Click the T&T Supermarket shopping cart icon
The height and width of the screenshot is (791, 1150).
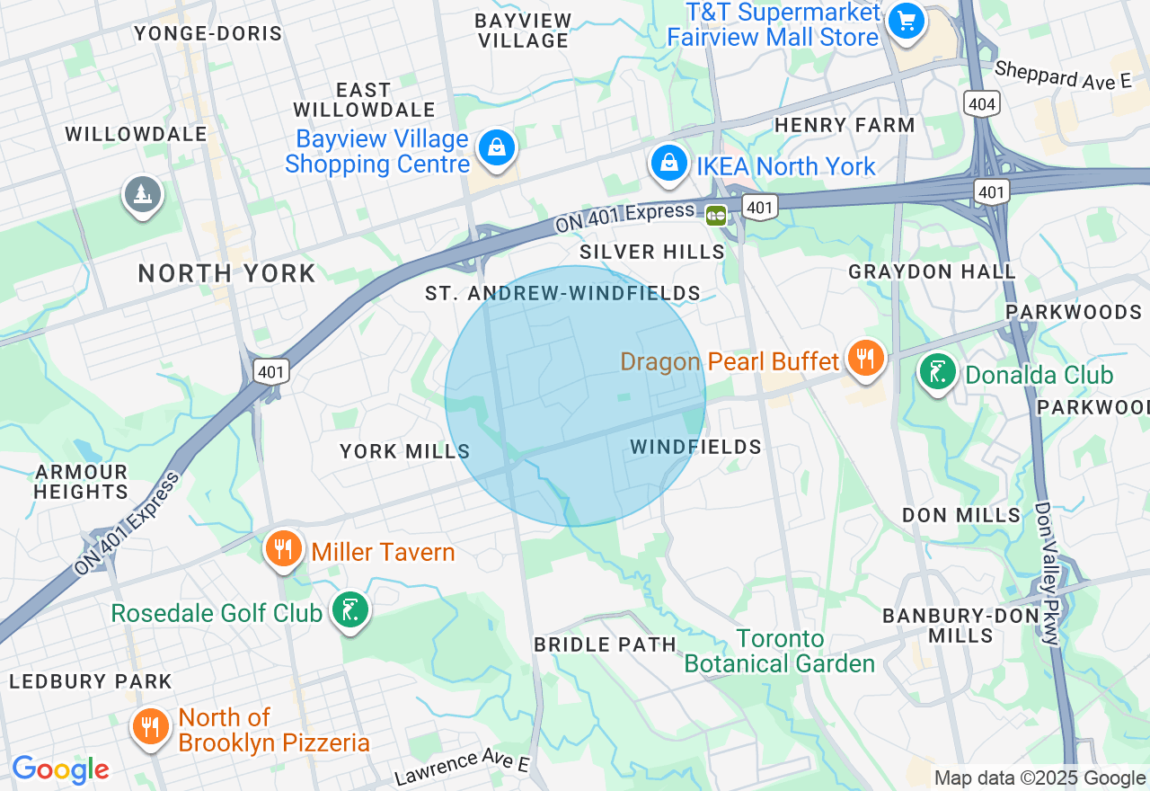click(906, 21)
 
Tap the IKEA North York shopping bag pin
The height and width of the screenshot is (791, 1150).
click(669, 164)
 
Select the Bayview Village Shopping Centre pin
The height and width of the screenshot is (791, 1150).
click(496, 148)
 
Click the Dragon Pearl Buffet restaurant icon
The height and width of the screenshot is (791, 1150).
click(865, 358)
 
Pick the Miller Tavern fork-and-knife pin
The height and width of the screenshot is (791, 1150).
click(284, 548)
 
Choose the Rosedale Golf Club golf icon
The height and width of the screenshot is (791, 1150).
click(350, 611)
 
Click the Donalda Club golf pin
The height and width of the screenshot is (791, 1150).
click(937, 372)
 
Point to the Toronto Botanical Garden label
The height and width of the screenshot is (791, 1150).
click(780, 652)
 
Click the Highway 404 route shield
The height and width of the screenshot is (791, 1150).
click(982, 103)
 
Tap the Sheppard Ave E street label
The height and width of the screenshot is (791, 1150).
click(1062, 76)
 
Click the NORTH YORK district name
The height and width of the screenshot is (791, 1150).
click(226, 273)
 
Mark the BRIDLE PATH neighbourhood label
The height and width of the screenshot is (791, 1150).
click(605, 644)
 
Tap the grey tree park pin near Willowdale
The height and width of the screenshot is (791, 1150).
click(142, 194)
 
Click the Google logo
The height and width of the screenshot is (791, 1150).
click(60, 769)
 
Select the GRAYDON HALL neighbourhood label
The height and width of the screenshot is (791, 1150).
click(932, 271)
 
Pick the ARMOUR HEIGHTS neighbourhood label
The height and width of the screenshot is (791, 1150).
click(81, 482)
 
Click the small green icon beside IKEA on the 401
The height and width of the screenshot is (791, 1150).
click(716, 215)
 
